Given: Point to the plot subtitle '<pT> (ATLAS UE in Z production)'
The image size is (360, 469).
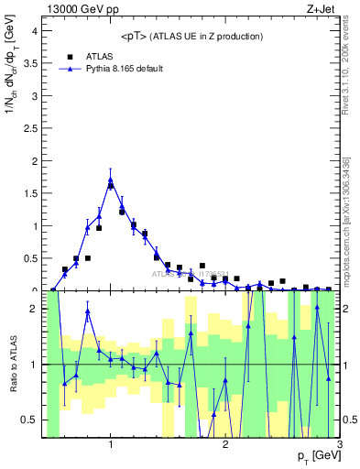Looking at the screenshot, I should pos(191,36).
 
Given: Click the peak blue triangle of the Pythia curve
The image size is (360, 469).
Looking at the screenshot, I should pos(111,180).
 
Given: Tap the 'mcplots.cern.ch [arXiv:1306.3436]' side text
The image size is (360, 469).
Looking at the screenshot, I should pos(346,220).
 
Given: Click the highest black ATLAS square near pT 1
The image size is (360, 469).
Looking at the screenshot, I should pos(111,186).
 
